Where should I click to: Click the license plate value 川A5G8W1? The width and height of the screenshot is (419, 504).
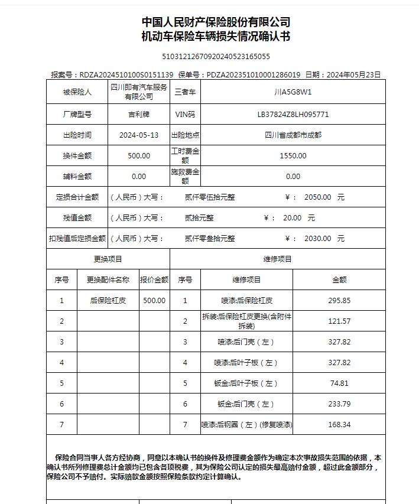(293, 92)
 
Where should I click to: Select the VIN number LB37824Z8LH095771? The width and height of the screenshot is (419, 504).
(293, 114)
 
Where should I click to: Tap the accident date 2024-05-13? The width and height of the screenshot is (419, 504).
(139, 135)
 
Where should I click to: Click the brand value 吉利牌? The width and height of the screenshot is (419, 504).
(139, 114)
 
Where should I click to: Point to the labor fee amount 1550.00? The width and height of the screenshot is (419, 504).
(293, 156)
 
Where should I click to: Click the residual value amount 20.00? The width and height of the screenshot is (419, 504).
(292, 218)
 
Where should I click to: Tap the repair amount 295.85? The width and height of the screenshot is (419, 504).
(339, 300)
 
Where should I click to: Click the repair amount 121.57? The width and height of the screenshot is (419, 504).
(339, 321)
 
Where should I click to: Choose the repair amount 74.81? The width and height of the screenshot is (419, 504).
(339, 383)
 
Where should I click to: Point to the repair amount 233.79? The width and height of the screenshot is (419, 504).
(339, 404)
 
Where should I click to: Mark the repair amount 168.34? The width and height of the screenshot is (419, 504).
(339, 425)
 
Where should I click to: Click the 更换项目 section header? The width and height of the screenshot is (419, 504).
(108, 259)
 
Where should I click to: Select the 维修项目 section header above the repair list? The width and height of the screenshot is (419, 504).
(278, 259)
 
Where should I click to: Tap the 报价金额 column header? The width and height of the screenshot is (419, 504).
(154, 279)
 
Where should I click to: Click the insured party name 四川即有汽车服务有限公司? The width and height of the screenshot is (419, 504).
(139, 92)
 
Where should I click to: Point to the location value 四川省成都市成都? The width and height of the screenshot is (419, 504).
(293, 135)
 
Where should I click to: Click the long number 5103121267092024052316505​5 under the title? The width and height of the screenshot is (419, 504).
(216, 57)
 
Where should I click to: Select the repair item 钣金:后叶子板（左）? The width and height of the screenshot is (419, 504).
(246, 383)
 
